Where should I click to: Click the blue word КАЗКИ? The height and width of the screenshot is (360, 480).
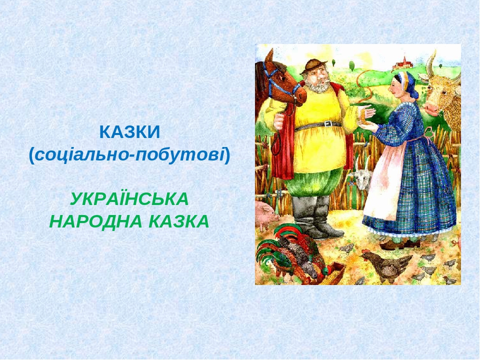pos(129,132)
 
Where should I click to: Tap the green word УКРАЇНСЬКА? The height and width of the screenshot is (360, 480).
pos(129,198)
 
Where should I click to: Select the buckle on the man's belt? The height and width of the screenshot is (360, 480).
pos(327,124)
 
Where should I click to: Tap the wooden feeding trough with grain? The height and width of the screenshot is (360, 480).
pos(334,274)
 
